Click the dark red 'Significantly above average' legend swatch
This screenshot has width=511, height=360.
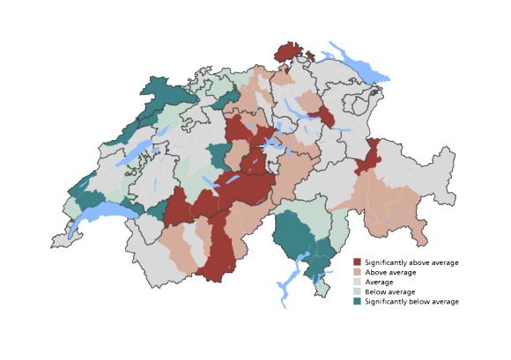(358, 262)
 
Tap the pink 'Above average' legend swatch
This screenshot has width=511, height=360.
(358, 272)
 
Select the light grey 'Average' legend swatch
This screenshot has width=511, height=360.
(358, 282)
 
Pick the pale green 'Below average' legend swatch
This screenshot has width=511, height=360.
(358, 291)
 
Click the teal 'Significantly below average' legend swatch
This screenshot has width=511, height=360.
(358, 301)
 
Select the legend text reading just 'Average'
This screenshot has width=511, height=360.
(381, 282)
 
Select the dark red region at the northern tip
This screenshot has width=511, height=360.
(288, 52)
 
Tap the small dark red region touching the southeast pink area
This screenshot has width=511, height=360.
(369, 158)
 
